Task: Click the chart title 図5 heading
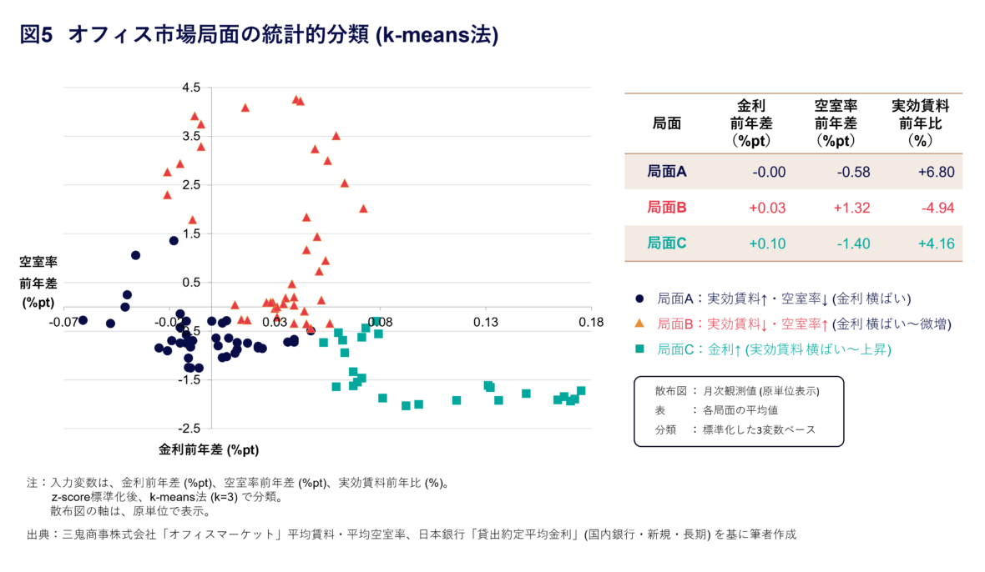coord(259,35)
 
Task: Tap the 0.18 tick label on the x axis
coord(591,321)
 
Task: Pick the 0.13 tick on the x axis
coord(485,321)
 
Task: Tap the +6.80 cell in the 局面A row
coord(934,172)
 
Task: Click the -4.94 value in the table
coord(935,208)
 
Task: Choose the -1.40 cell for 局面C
coord(852,243)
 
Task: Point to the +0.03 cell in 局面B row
coord(768,208)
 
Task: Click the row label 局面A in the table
coord(666,172)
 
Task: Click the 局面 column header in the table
coord(666,123)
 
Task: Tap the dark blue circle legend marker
coord(639,298)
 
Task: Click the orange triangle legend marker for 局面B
coord(639,323)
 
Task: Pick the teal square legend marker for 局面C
coord(639,350)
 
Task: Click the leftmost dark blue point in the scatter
coord(83,320)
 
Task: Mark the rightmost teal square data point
coord(581,391)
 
